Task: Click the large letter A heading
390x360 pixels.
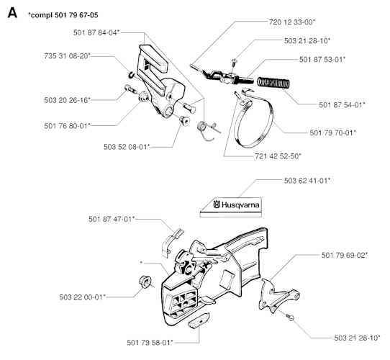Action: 12,12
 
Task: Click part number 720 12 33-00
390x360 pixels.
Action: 292,22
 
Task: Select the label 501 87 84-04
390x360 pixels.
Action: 96,32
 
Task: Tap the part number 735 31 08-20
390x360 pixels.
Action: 67,55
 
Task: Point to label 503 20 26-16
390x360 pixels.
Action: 67,100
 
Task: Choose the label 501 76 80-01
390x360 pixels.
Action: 67,126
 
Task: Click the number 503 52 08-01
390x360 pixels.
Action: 127,147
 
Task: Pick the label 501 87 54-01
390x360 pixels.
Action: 342,104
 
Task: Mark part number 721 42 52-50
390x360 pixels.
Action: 278,156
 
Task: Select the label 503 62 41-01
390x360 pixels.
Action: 307,181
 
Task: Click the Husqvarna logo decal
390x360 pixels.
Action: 231,207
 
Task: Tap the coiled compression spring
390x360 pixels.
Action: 273,82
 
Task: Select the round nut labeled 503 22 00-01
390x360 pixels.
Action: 145,282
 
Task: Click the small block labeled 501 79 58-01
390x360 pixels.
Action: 199,320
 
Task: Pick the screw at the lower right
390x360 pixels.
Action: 289,318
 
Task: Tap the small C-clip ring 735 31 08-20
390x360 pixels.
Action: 132,75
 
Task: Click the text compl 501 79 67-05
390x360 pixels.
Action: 64,15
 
